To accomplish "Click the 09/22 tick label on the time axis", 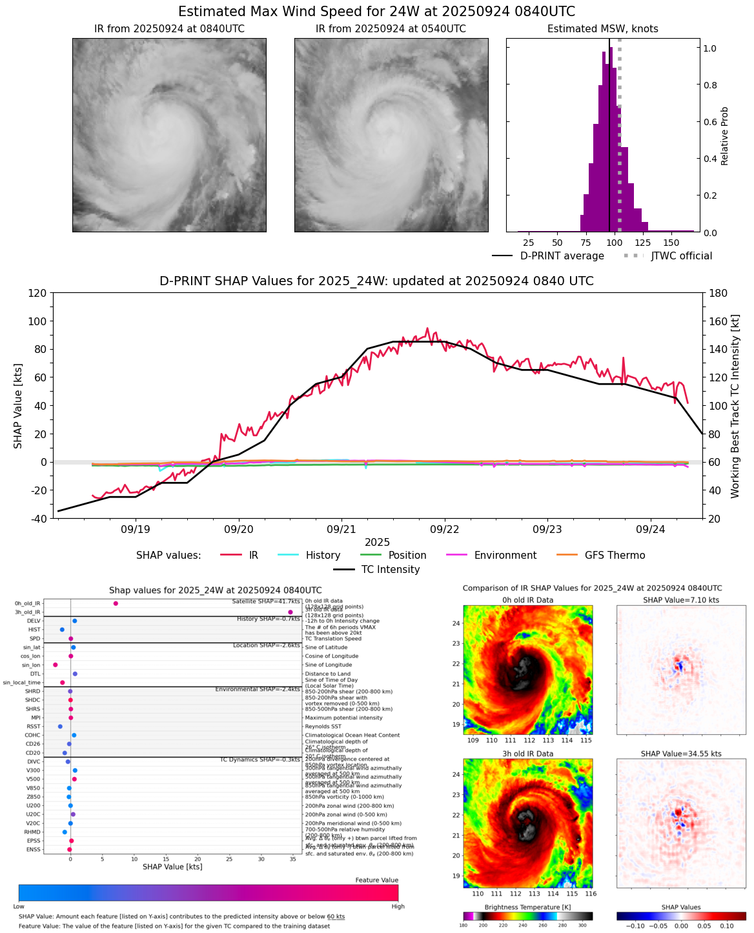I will (x=445, y=529).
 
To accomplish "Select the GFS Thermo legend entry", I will (x=615, y=556).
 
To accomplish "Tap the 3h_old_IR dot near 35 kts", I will (x=290, y=612).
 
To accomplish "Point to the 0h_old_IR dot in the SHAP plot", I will (x=116, y=603).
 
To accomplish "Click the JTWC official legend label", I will (x=682, y=256).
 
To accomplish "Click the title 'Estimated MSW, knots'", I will (x=603, y=29).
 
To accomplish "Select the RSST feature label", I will (x=34, y=727).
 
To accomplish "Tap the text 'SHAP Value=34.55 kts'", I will (x=681, y=754).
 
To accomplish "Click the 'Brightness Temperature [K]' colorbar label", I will (x=527, y=907).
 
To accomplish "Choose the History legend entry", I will (x=323, y=556).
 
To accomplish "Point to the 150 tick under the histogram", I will (x=671, y=243).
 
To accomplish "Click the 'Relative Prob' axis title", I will (x=725, y=136).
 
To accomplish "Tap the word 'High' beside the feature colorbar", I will (x=398, y=907).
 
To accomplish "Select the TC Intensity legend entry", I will (x=390, y=570).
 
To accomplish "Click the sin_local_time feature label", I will (x=21, y=683).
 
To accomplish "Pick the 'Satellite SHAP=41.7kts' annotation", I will (x=266, y=601).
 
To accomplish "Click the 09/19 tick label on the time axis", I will (x=136, y=529).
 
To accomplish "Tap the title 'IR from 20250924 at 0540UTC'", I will (x=391, y=29).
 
